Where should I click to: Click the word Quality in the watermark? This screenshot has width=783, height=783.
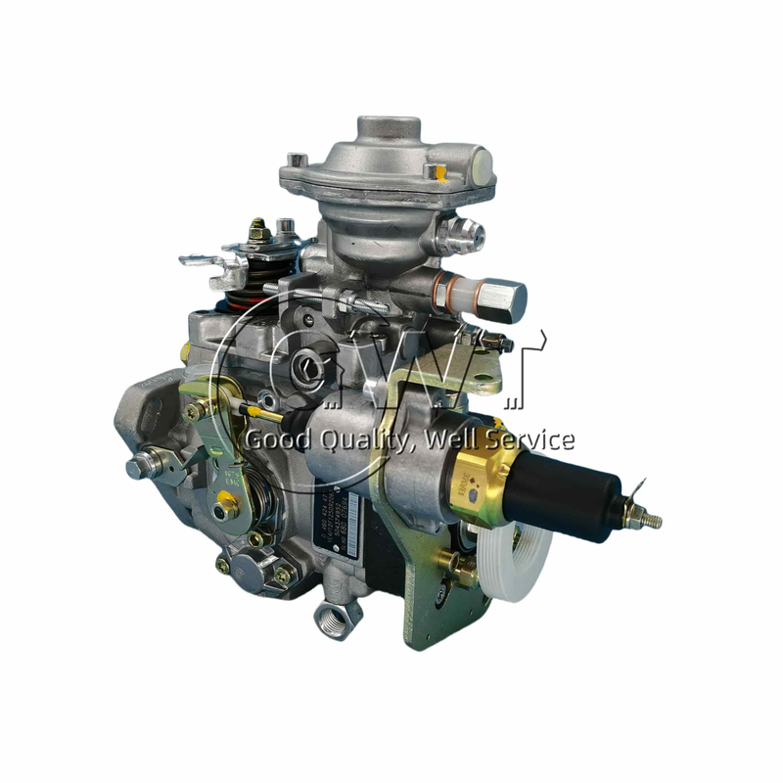pos(358,439)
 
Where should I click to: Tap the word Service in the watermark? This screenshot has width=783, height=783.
pos(534,438)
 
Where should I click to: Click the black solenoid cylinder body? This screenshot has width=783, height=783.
pos(585,489)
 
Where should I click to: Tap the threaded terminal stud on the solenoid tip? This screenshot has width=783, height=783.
pos(646,518)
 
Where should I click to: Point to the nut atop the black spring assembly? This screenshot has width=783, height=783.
pos(259,233)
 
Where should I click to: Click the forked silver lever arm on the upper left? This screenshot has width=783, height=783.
pos(206,259)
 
